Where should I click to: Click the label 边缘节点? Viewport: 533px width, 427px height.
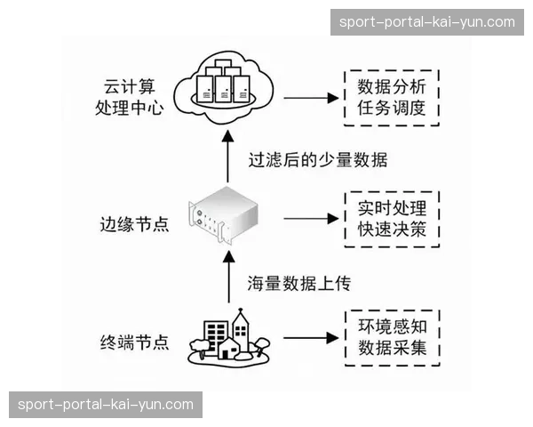pos(135,222)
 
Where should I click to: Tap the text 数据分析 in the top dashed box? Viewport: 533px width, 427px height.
pos(392,87)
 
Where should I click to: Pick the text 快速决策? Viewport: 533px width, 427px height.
pos(392,230)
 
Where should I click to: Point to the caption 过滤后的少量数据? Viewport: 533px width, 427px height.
pos(317,160)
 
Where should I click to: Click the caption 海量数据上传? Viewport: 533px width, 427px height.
pos(299,283)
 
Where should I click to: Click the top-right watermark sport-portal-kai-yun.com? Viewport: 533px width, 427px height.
pos(426,21)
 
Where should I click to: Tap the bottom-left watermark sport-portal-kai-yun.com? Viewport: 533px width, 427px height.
pos(106,405)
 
